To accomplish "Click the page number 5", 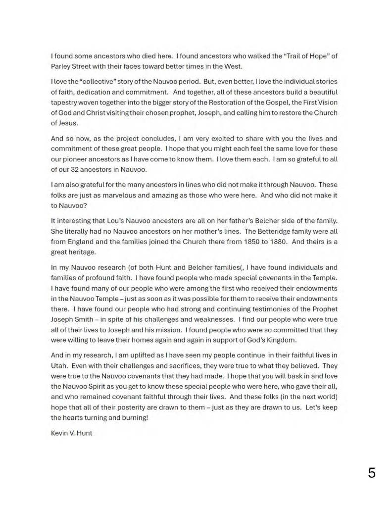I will click(x=372, y=473).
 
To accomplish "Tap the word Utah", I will click(x=59, y=366).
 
